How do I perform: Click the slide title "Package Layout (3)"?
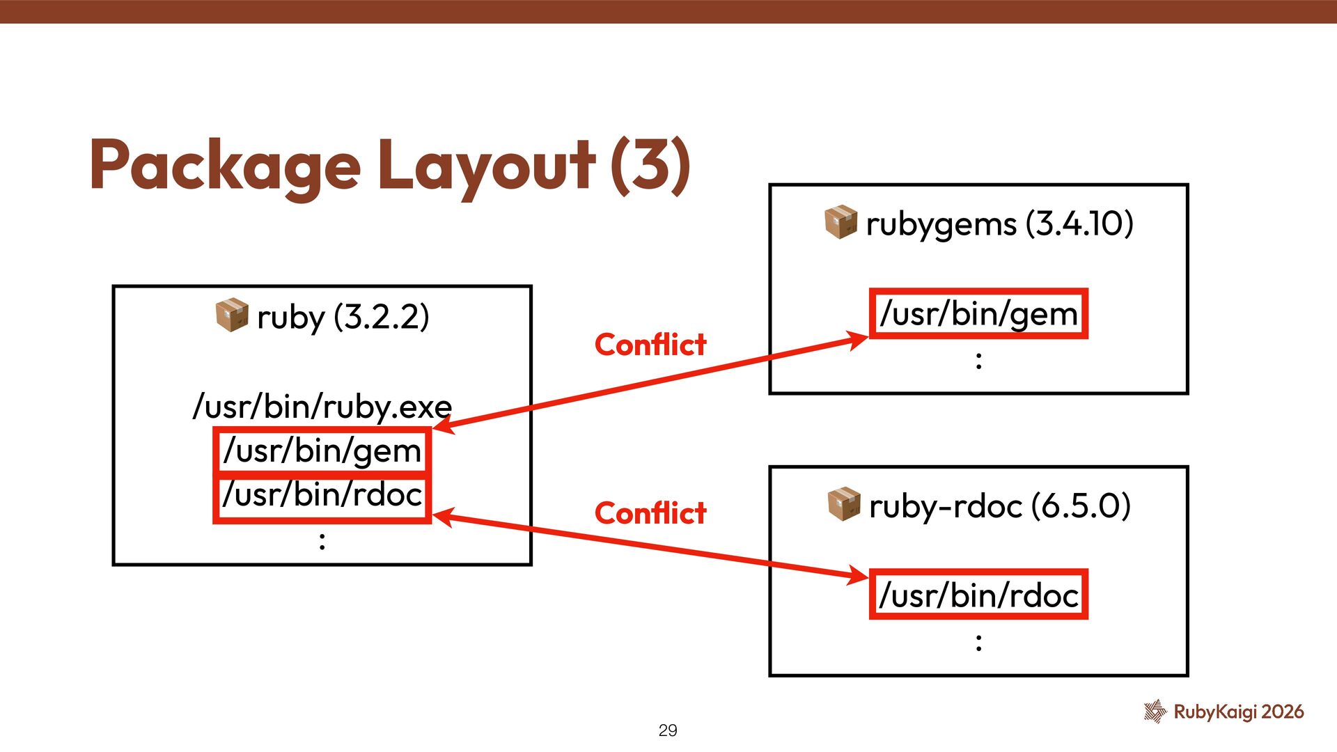click(x=390, y=165)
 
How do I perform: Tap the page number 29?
click(x=667, y=730)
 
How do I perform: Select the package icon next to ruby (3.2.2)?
click(x=232, y=315)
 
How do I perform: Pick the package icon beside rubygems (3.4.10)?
click(x=840, y=222)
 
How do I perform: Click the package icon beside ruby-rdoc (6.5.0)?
click(x=844, y=504)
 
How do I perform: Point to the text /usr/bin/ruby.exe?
click(x=322, y=406)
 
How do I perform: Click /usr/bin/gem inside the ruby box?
click(x=322, y=451)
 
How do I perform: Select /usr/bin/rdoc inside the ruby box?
click(x=322, y=495)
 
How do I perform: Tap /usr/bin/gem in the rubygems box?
click(x=978, y=313)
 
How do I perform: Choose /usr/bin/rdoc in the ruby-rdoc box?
click(x=978, y=595)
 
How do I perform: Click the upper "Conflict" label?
click(x=650, y=345)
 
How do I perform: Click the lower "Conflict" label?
click(x=650, y=513)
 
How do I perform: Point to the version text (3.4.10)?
click(x=1079, y=224)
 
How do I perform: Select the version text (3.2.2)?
click(x=381, y=317)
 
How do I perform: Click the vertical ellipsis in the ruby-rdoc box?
click(x=978, y=642)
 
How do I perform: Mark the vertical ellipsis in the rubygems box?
click(x=978, y=360)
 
